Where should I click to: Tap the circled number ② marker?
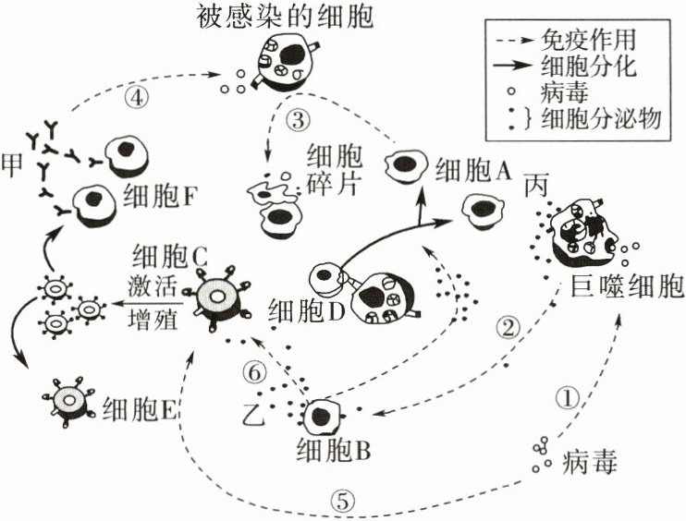(x=510, y=326)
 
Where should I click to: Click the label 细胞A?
(x=474, y=169)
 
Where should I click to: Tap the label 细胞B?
(x=334, y=452)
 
